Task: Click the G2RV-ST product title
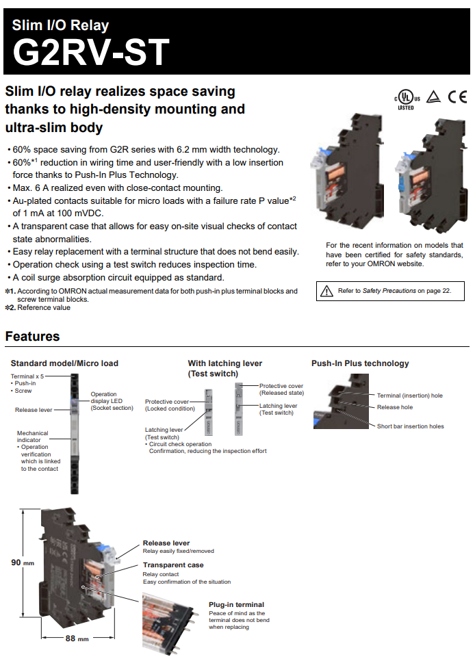[91, 53]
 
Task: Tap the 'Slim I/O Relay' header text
[60, 26]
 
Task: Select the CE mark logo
[457, 96]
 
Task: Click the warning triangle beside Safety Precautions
[326, 291]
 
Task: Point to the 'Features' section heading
[32, 336]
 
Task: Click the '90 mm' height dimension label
[22, 563]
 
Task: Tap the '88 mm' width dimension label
[77, 638]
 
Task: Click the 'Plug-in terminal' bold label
[236, 605]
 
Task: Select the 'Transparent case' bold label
[172, 565]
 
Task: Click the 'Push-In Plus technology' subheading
[360, 363]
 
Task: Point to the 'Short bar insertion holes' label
[410, 426]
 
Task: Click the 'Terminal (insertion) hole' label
[409, 396]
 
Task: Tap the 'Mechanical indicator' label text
[32, 437]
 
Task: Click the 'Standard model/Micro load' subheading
[64, 363]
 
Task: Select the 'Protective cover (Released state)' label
[281, 389]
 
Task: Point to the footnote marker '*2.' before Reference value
[10, 308]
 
